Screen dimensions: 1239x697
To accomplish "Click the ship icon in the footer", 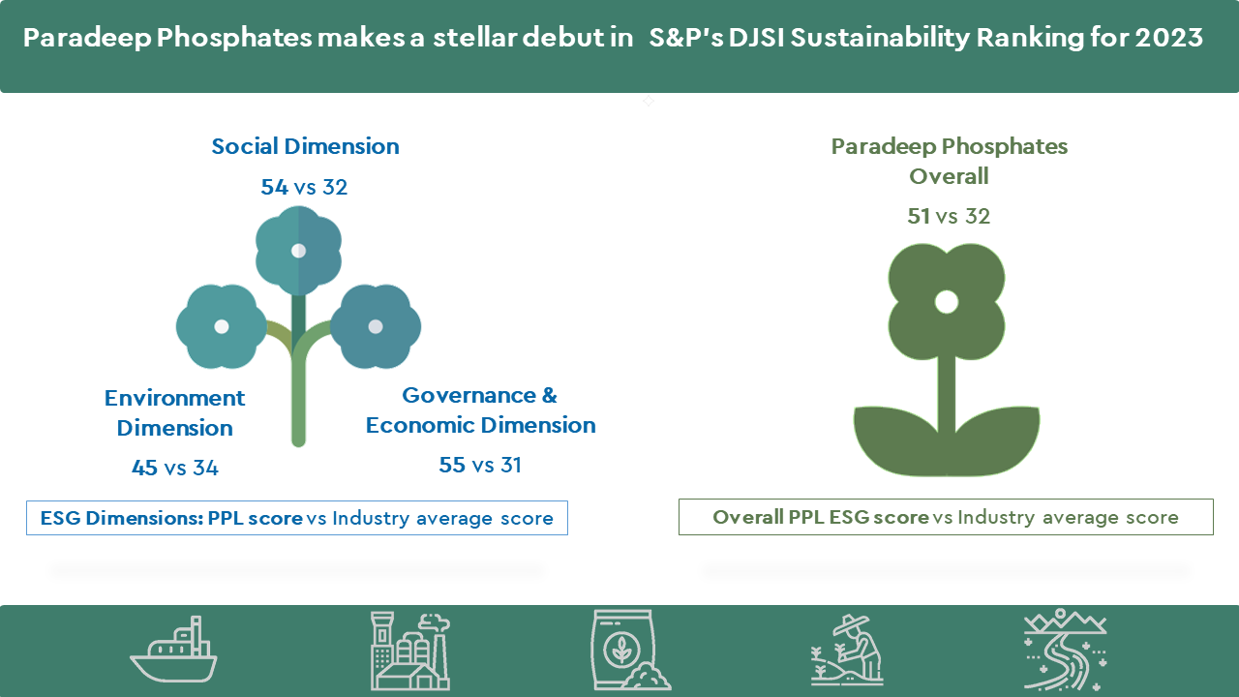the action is click(173, 649).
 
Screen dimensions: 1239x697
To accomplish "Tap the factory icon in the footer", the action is click(409, 652).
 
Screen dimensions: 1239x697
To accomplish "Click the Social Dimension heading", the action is click(305, 146).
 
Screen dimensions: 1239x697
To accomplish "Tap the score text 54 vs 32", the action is click(304, 187).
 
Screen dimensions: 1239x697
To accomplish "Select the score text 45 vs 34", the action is click(175, 468).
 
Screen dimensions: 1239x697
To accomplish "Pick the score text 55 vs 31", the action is click(480, 466).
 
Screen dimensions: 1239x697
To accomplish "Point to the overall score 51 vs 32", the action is click(949, 216).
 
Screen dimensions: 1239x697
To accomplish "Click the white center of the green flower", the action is click(947, 302).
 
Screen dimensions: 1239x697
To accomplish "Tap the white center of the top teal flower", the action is click(299, 251).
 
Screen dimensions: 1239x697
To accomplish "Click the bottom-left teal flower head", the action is click(222, 326).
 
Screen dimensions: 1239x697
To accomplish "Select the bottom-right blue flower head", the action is click(376, 326).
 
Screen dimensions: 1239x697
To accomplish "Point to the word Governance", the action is click(469, 396).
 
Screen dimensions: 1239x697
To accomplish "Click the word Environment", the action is click(175, 398).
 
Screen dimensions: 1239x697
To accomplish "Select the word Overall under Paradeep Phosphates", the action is click(949, 176).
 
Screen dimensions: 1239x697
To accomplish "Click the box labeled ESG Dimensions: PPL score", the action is click(297, 518).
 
